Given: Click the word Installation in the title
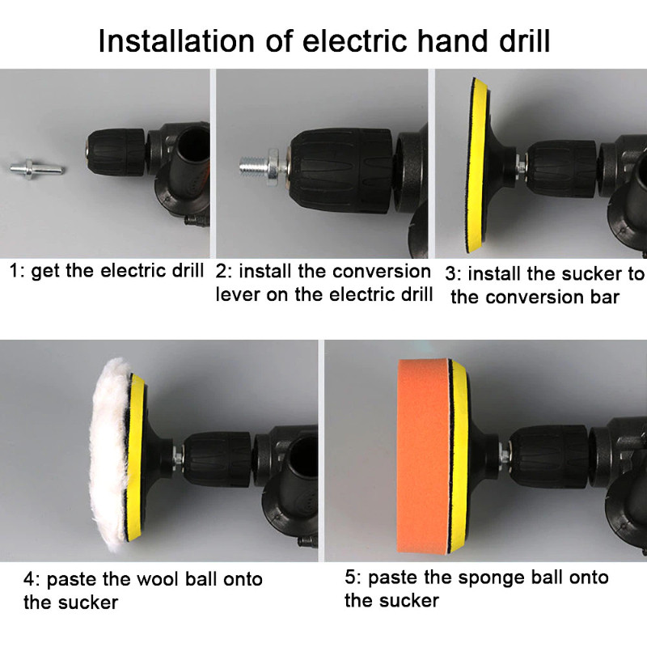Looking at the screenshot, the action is (x=176, y=41).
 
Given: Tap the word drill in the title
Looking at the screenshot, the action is (x=524, y=41).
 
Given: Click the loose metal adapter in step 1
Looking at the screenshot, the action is (x=37, y=167).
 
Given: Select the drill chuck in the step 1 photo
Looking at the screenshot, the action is (x=116, y=147).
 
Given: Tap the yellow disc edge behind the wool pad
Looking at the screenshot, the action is (x=137, y=457).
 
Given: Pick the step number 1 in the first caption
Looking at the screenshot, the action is (x=14, y=271).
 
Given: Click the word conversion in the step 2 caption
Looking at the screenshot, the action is (x=382, y=271).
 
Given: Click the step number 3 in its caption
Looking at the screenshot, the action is (x=450, y=274).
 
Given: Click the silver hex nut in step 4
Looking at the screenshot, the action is (x=179, y=456).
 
